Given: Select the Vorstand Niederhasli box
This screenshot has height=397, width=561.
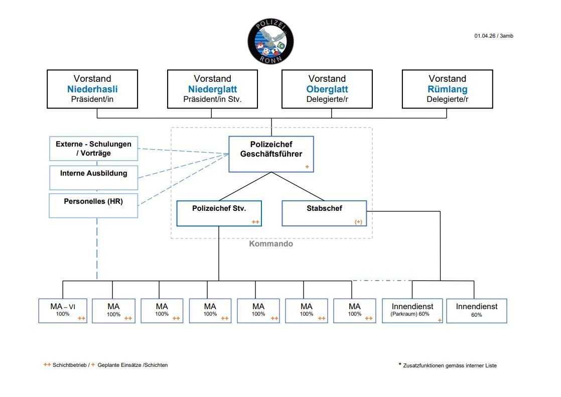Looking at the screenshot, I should pyautogui.click(x=92, y=89).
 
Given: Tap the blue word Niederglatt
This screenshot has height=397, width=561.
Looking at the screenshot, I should pyautogui.click(x=212, y=89).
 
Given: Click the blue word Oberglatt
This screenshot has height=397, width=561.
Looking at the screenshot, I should pyautogui.click(x=327, y=89).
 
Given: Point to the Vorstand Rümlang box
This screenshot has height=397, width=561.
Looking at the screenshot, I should pyautogui.click(x=447, y=89).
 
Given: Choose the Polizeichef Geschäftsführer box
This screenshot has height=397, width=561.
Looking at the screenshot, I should pyautogui.click(x=271, y=154).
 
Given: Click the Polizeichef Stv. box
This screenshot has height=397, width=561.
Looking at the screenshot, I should pyautogui.click(x=219, y=213).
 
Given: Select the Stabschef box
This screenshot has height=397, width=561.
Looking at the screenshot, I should pyautogui.click(x=324, y=213).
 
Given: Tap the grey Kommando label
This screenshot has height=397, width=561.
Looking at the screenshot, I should pyautogui.click(x=271, y=244).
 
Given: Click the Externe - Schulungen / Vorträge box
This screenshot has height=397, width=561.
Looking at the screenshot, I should pyautogui.click(x=94, y=149).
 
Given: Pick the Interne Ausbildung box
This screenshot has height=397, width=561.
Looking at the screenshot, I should pyautogui.click(x=94, y=177).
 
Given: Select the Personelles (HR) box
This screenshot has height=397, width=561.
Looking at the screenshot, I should pyautogui.click(x=94, y=205).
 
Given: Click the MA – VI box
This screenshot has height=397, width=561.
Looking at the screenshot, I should pyautogui.click(x=63, y=311).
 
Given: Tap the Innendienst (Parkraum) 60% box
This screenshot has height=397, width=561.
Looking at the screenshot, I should pyautogui.click(x=412, y=311).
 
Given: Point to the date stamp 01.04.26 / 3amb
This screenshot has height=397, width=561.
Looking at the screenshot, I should pyautogui.click(x=493, y=36).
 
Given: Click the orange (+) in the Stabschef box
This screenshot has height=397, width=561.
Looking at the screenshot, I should pyautogui.click(x=358, y=221).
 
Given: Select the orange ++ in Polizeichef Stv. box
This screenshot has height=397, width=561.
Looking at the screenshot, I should pyautogui.click(x=255, y=221).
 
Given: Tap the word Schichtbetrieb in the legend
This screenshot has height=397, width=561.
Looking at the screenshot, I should pyautogui.click(x=70, y=365).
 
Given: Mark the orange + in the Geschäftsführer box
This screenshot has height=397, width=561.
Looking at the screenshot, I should pyautogui.click(x=307, y=166).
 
